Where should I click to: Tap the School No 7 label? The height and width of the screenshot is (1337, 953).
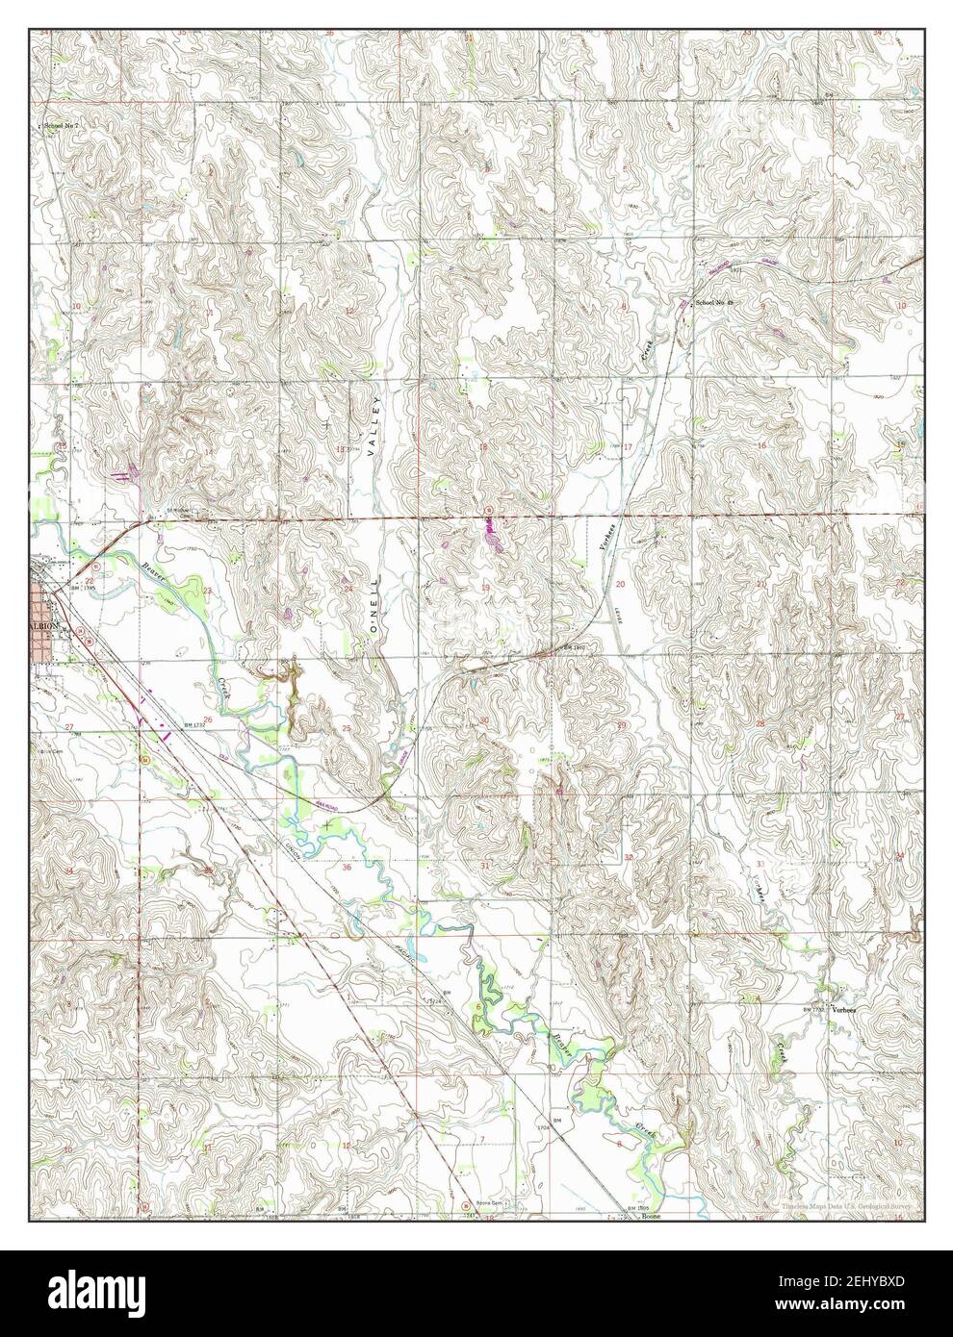(x=58, y=126)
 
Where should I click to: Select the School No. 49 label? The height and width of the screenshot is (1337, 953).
(x=714, y=304)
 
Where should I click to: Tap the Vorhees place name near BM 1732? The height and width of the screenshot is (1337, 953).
(x=844, y=1009)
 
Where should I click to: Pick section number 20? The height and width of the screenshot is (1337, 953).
(x=620, y=584)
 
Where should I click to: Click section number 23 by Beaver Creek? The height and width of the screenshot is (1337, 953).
(x=207, y=591)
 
